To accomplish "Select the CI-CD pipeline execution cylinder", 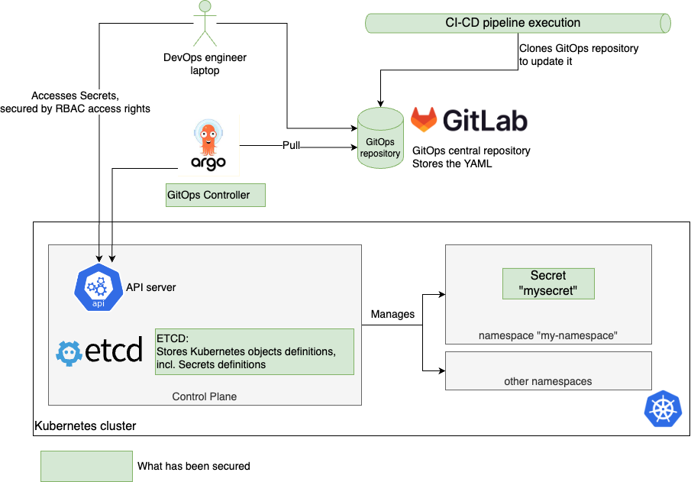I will tap(518, 23).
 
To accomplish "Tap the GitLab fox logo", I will tap(425, 121).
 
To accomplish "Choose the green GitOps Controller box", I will tap(215, 195).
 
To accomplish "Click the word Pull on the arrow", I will tap(292, 145).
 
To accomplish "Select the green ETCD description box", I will tap(254, 351).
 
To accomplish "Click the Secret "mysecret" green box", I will tap(548, 283).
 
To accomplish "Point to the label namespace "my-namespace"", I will tap(547, 335).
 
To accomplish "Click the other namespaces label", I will tap(547, 381).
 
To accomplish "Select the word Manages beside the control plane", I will tap(392, 314).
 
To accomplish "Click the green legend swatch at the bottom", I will tap(86, 466).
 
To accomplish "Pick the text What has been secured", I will tap(193, 466).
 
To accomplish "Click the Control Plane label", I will tap(205, 396).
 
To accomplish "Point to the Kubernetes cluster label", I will tap(86, 425).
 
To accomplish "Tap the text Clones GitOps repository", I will tap(578, 48).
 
